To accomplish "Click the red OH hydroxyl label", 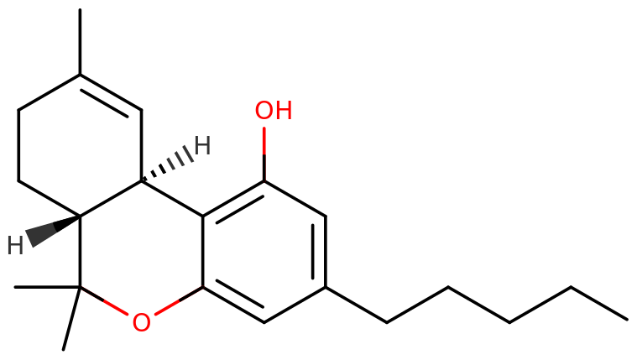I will (x=273, y=111).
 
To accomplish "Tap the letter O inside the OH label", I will (x=264, y=111).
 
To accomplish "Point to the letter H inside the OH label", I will (x=283, y=111).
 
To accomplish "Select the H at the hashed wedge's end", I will (x=202, y=145).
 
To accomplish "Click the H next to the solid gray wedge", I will (x=15, y=245).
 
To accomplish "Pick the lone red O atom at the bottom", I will (x=141, y=323).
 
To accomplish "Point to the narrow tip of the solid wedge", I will (x=80, y=216).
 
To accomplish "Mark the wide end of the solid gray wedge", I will (x=29, y=238).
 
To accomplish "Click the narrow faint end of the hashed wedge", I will (x=144, y=177).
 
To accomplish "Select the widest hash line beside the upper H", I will (x=190, y=152).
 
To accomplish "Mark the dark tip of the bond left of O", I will (x=85, y=290).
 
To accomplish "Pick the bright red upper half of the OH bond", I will (x=264, y=139).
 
